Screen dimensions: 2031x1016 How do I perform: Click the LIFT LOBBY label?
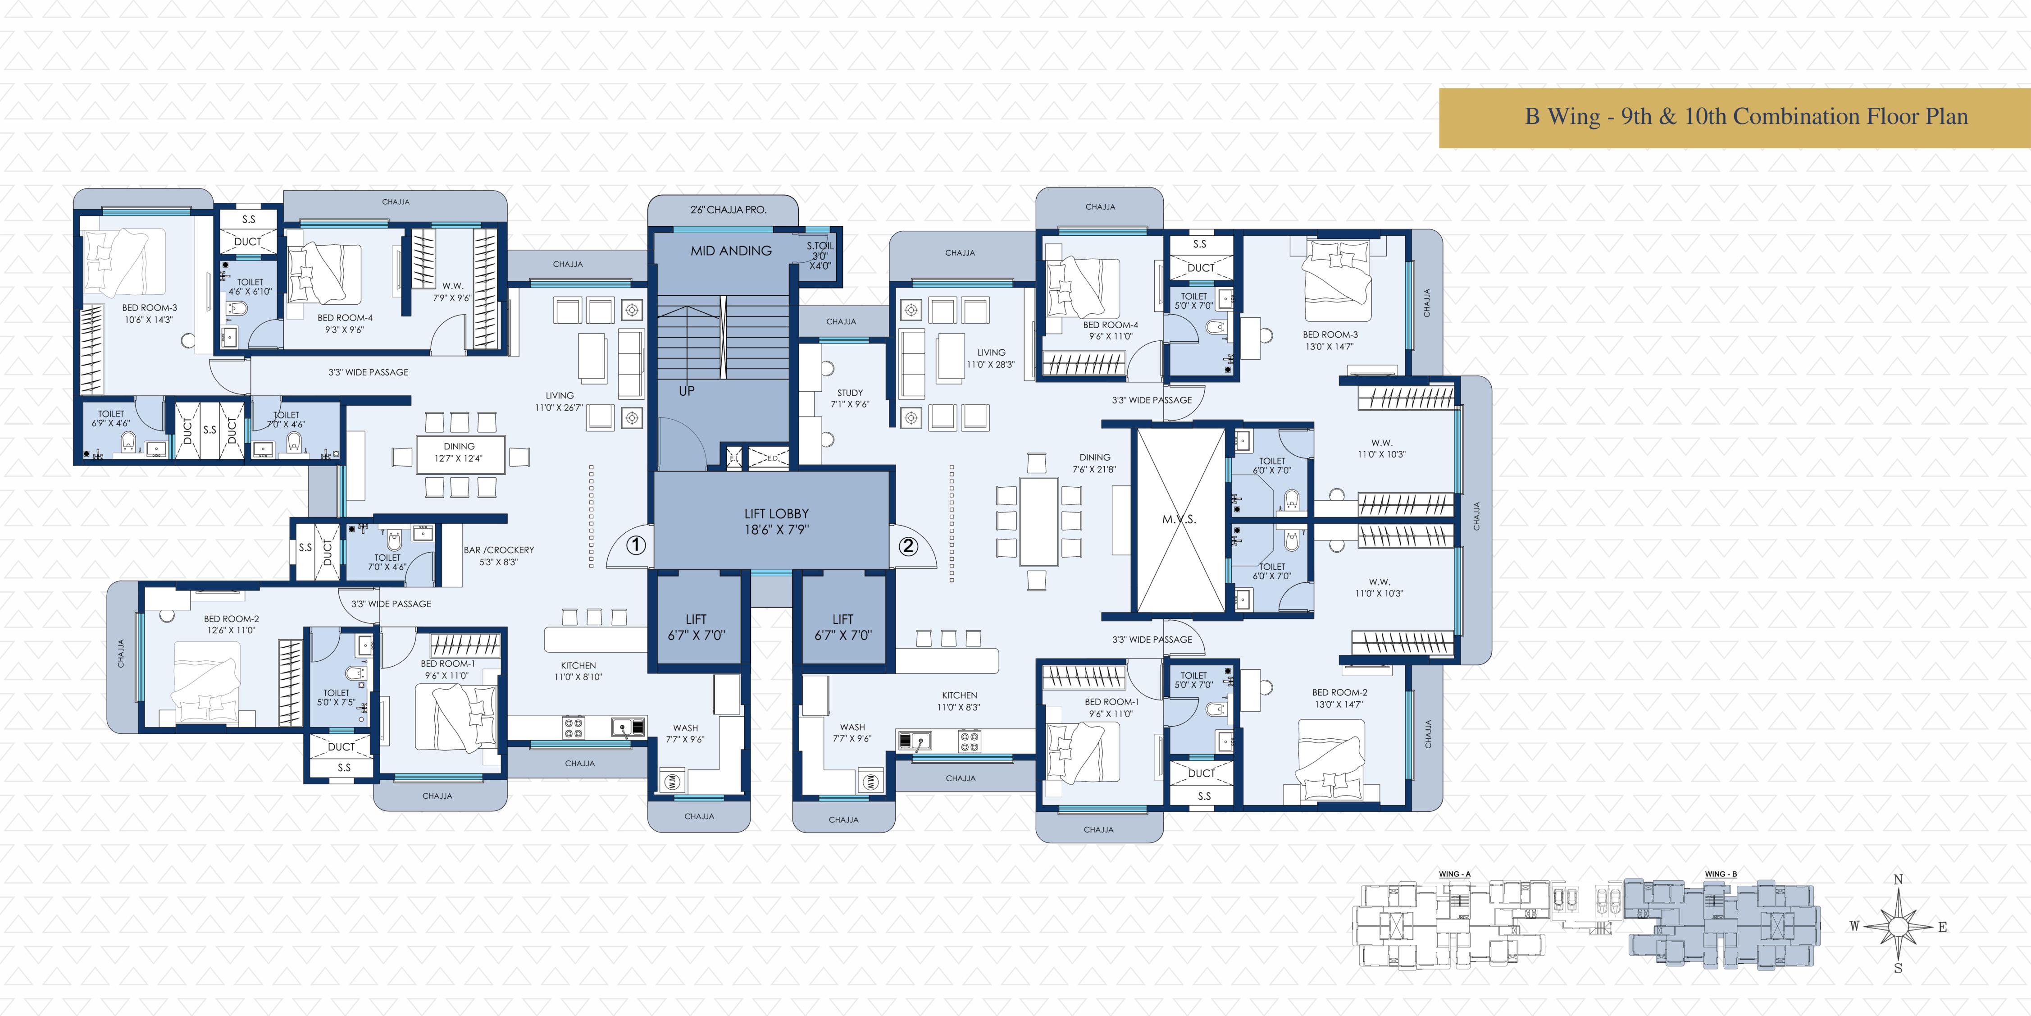pos(777,522)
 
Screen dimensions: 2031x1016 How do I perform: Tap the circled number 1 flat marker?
pos(636,545)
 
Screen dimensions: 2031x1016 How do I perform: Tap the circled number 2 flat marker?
pos(908,545)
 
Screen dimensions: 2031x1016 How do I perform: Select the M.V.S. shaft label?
pos(1179,519)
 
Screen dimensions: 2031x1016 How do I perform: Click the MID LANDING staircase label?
pos(731,251)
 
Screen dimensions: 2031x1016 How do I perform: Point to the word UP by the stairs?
pos(687,390)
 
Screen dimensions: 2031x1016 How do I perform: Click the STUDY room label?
pos(850,398)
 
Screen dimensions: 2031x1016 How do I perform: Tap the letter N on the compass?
pos(1899,879)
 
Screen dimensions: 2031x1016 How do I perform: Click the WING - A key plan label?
pos(1455,874)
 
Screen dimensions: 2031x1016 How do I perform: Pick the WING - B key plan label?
pos(1720,874)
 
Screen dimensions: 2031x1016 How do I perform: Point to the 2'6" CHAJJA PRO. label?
pos(728,210)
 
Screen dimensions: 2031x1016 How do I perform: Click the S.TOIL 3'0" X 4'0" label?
pos(820,256)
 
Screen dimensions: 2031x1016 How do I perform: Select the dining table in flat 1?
pos(460,454)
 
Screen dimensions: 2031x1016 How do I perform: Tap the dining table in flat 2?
pos(1039,521)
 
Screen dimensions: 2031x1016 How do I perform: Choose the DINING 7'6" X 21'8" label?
pos(1094,463)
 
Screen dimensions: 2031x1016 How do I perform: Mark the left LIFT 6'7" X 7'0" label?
pos(696,627)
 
